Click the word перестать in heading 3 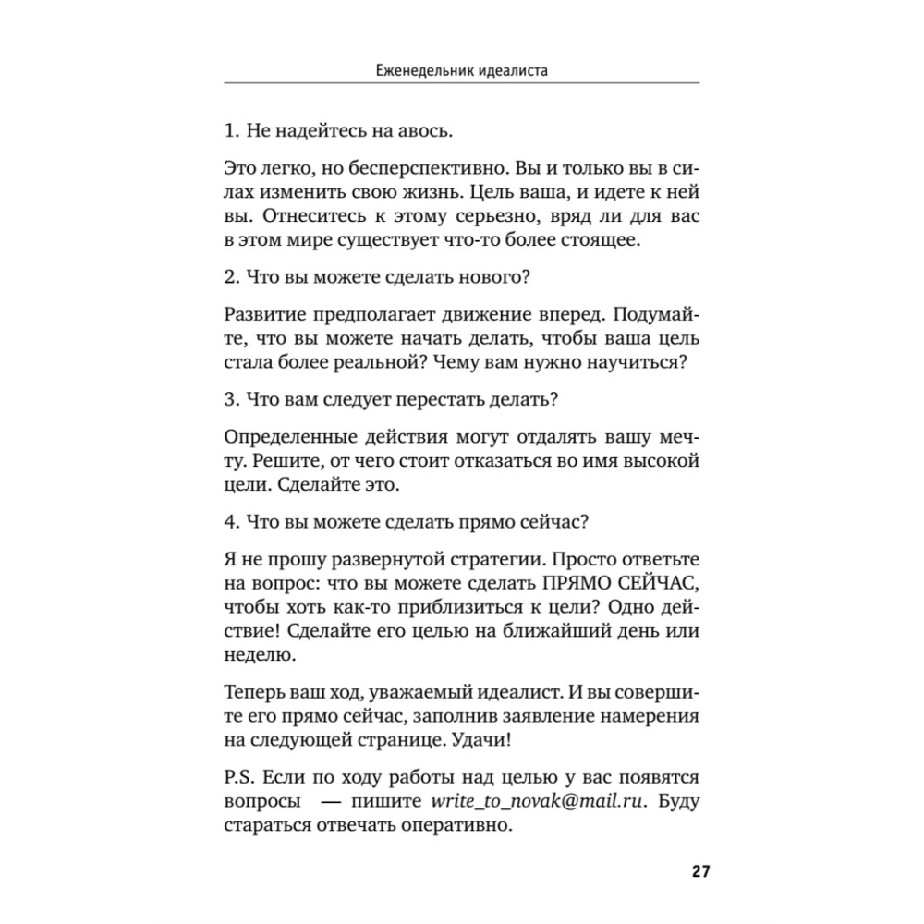click(442, 402)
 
